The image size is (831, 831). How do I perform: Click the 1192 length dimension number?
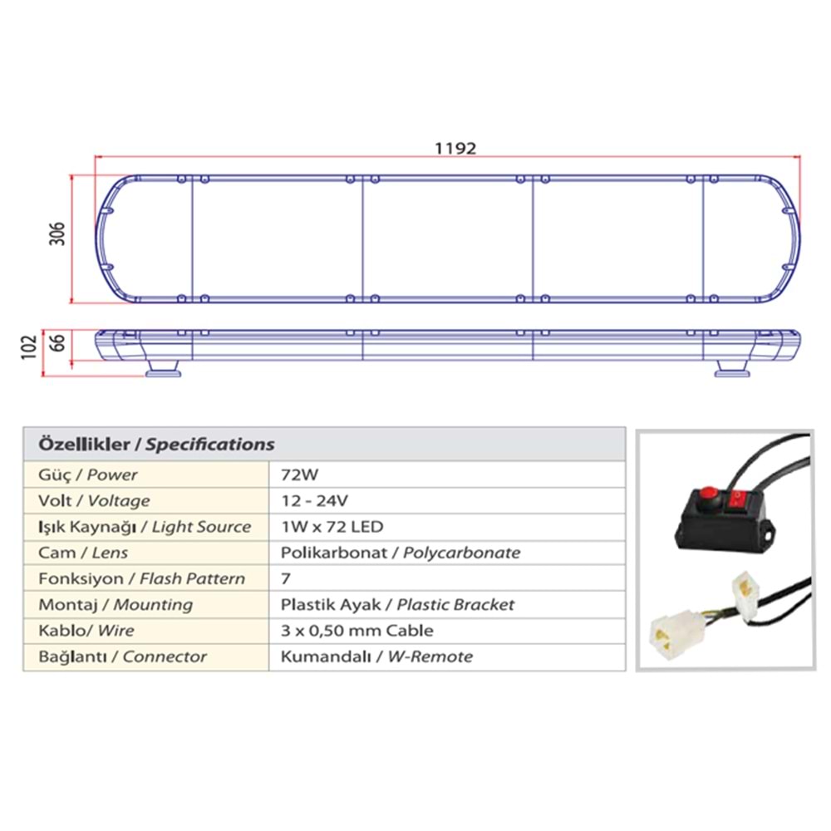coord(456,149)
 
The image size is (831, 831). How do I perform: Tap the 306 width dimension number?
coord(57,235)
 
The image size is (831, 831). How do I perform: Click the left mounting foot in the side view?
coord(163,367)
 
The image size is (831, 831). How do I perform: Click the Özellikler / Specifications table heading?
coord(156,444)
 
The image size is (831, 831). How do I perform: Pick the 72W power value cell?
coord(300,475)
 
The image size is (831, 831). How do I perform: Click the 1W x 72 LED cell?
coord(332,527)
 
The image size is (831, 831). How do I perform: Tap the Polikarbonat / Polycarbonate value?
coord(401,553)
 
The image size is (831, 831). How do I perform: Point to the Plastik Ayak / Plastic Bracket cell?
coord(397,605)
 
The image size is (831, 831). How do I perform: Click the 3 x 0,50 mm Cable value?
coord(357,631)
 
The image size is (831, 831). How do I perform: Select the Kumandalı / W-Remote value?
coord(376,656)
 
